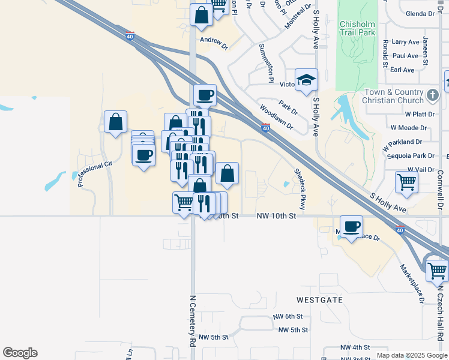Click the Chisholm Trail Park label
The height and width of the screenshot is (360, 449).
(x=357, y=29)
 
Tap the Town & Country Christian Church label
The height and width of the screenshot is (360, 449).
(x=394, y=96)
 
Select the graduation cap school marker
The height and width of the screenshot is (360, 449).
(x=306, y=80)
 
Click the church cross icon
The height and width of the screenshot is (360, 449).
(x=432, y=95)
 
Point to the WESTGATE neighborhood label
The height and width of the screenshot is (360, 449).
(x=319, y=299)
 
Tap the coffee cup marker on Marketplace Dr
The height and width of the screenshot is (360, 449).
(x=351, y=226)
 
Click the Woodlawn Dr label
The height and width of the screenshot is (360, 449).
(x=276, y=118)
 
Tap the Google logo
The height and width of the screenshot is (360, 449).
(x=20, y=352)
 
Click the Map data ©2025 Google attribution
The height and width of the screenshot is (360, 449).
(x=411, y=355)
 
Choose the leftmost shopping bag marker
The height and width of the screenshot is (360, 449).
(x=115, y=122)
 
